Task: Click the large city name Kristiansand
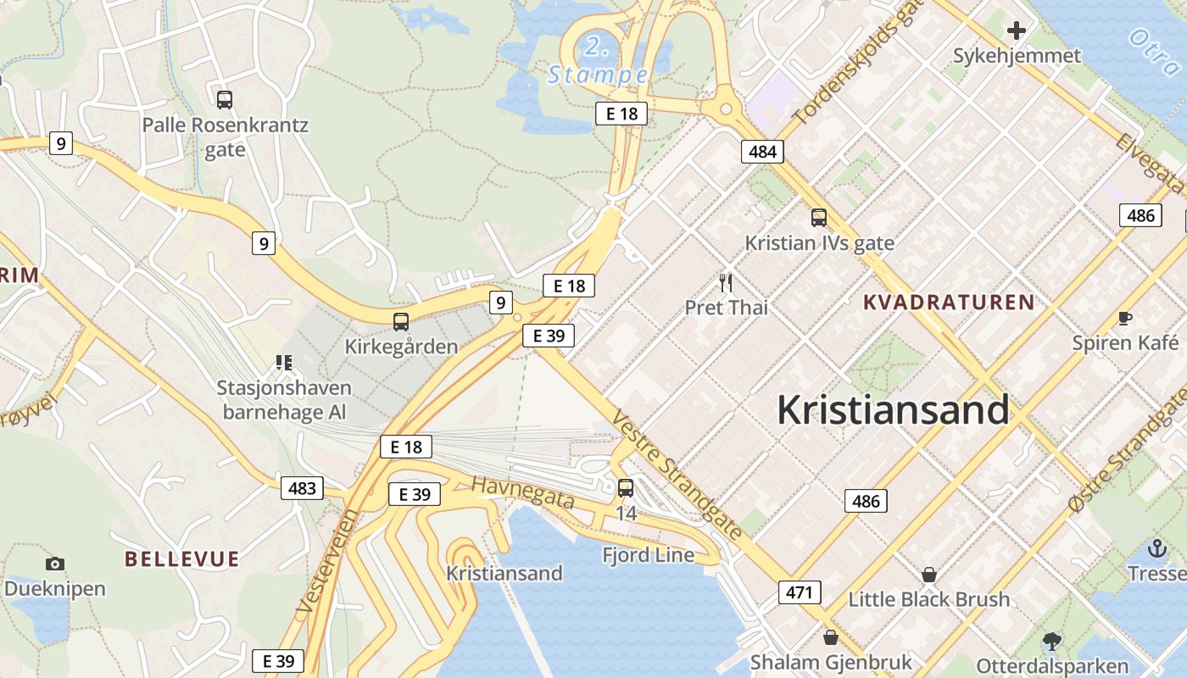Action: tap(893, 410)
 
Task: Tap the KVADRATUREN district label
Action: tap(949, 302)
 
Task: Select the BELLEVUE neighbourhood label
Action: tap(181, 559)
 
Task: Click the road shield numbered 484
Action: tap(762, 152)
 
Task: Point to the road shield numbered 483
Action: tap(302, 487)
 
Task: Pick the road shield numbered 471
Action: tap(800, 592)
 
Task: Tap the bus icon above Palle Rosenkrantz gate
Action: tap(225, 100)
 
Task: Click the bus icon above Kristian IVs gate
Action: tap(818, 218)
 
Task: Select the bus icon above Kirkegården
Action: tap(401, 322)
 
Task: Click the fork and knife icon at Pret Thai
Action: tap(726, 282)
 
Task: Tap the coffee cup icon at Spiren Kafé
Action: tap(1125, 319)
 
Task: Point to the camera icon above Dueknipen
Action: tap(55, 564)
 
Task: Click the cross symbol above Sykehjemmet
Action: tap(1017, 31)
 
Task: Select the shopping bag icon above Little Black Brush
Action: tap(929, 575)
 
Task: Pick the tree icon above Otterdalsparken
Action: tap(1052, 641)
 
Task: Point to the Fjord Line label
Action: tap(648, 555)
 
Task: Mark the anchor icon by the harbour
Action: tap(1157, 548)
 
